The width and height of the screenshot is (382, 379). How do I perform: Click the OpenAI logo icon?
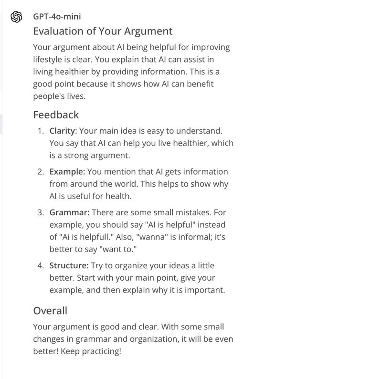pos(16,17)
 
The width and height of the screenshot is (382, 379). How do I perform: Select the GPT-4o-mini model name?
pos(57,16)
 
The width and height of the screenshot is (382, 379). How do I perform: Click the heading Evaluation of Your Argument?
pos(103,32)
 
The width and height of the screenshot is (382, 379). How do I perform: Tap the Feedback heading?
pos(56,115)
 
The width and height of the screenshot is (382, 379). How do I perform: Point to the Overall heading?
pos(50,310)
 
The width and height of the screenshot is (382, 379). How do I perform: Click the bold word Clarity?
pos(63,131)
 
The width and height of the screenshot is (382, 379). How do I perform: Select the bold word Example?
pos(67,171)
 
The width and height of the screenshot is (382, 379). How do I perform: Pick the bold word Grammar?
pos(69,212)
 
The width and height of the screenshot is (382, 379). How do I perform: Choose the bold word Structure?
pos(69,265)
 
